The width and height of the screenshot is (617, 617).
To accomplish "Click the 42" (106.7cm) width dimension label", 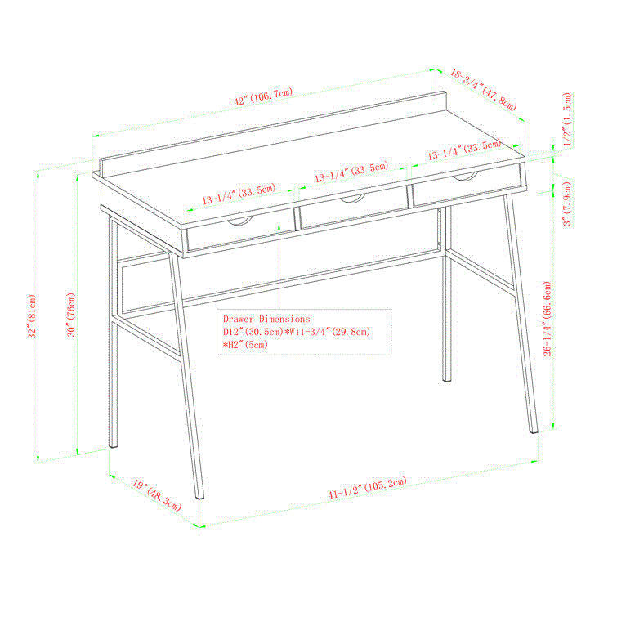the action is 263,96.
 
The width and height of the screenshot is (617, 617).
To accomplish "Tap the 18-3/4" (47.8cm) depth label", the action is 484,90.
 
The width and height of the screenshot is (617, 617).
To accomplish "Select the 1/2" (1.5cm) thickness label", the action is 567,119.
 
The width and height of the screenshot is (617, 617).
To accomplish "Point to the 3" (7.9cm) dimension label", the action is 567,203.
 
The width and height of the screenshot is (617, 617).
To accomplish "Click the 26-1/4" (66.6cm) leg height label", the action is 548,320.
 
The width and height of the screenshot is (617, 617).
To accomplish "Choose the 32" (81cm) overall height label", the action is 32,316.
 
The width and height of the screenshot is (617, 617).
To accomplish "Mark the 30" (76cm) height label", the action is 71,315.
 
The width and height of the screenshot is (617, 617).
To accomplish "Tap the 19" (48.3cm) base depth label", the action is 156,495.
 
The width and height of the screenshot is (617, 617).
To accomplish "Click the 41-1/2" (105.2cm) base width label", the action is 367,489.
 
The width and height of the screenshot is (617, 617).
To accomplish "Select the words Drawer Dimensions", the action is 266,319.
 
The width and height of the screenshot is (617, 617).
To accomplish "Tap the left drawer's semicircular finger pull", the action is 240,223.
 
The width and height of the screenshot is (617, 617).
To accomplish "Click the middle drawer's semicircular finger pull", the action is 353,199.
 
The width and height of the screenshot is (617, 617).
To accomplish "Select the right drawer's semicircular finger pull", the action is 466,178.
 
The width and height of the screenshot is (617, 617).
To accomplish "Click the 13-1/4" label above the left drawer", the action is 239,194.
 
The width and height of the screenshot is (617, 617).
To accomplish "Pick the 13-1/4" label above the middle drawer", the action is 351,172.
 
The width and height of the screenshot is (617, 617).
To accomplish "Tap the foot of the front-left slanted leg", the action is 200,497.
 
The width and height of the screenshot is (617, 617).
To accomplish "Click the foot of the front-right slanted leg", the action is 534,431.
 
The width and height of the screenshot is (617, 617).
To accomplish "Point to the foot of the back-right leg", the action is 447,380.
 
